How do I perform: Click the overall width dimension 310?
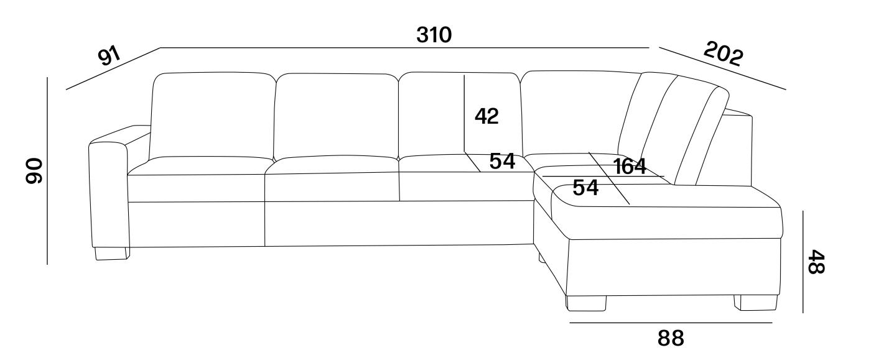(434, 35)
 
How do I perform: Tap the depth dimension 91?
(109, 57)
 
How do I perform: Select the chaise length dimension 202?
(724, 53)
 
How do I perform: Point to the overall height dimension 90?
(34, 170)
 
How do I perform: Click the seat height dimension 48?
(816, 262)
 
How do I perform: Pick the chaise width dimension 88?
(671, 338)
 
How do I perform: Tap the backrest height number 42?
(487, 116)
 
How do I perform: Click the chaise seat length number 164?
(630, 167)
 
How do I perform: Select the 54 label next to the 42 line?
(502, 161)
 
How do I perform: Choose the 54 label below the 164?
(585, 188)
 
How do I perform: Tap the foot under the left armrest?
(112, 253)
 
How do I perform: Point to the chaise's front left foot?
(586, 303)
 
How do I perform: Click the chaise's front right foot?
(755, 303)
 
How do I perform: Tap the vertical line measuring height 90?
(47, 170)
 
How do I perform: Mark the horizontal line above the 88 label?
(671, 323)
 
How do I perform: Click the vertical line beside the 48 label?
(803, 262)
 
